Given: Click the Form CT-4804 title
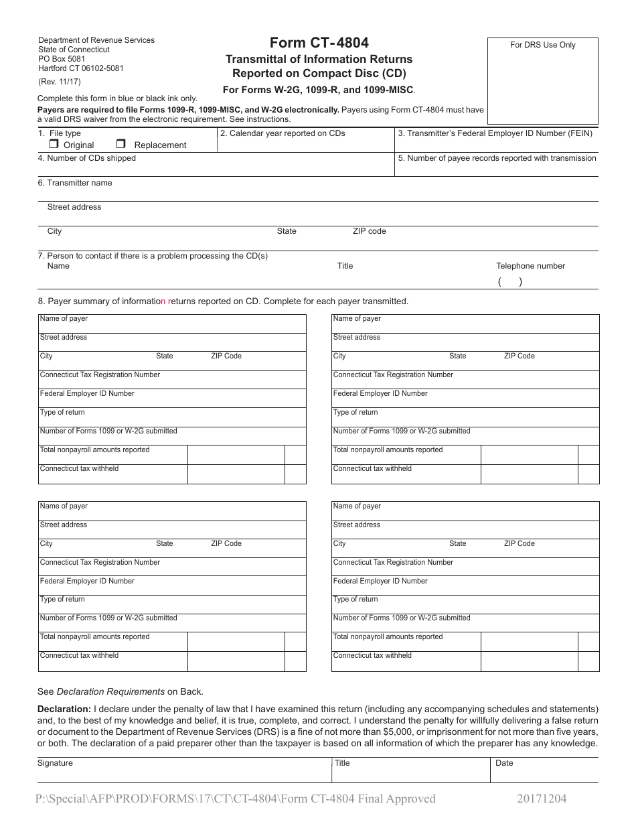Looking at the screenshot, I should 319,43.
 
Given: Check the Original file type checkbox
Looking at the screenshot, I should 54,144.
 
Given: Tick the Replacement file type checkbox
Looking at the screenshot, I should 121,144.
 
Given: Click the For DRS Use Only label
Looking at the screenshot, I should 542,45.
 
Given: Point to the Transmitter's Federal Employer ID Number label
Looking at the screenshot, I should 495,133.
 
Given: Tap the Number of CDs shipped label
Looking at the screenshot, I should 86,158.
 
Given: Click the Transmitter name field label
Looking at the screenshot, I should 75,183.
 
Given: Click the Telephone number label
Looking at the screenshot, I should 530,266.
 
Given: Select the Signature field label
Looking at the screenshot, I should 55,763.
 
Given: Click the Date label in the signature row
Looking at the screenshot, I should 504,763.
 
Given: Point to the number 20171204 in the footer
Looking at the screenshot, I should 542,799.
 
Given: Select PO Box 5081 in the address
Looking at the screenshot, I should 62,59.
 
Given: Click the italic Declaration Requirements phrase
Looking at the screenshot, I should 110,691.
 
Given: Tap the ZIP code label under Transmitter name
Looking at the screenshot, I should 369,231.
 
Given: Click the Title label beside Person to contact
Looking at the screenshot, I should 345,266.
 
